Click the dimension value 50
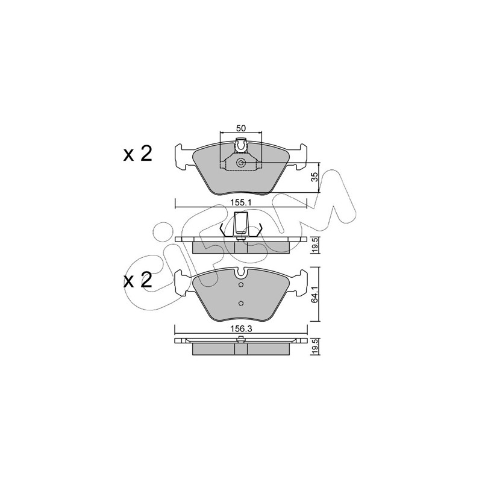pos(240,128)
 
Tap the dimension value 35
pos(314,177)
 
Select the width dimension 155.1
pos(240,202)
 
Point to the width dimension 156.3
pos(242,328)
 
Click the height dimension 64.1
pos(314,295)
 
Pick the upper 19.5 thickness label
pos(314,246)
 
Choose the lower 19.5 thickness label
pos(314,347)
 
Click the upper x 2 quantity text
pos(138,154)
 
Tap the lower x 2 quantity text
pos(138,280)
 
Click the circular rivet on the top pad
pos(240,163)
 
